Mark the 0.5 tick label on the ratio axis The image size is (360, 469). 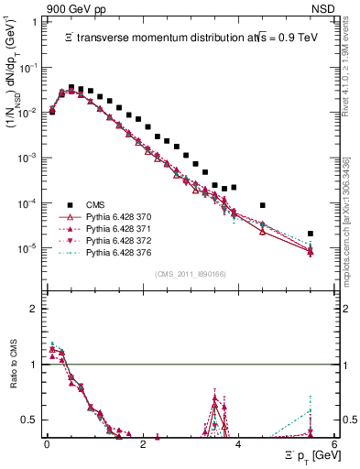coord(33,420)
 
